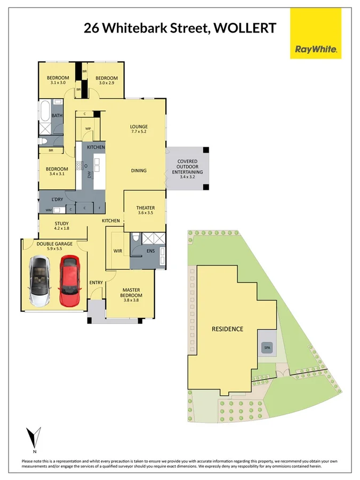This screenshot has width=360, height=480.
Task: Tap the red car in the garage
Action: (x=69, y=281)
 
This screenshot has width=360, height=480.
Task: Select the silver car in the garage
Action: (x=39, y=281)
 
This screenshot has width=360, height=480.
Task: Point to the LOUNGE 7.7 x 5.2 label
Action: (x=139, y=129)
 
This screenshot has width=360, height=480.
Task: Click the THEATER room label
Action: (x=145, y=211)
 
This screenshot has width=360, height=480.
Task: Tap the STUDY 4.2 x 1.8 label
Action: (x=62, y=226)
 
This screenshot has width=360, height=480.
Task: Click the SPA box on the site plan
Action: (x=267, y=348)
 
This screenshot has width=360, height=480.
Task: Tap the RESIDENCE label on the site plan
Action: (x=227, y=329)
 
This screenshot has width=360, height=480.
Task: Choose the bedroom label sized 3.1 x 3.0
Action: (x=58, y=81)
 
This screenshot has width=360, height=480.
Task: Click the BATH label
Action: (x=57, y=115)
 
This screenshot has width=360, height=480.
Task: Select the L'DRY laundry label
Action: (x=57, y=199)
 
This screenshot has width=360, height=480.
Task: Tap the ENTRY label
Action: (x=96, y=283)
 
